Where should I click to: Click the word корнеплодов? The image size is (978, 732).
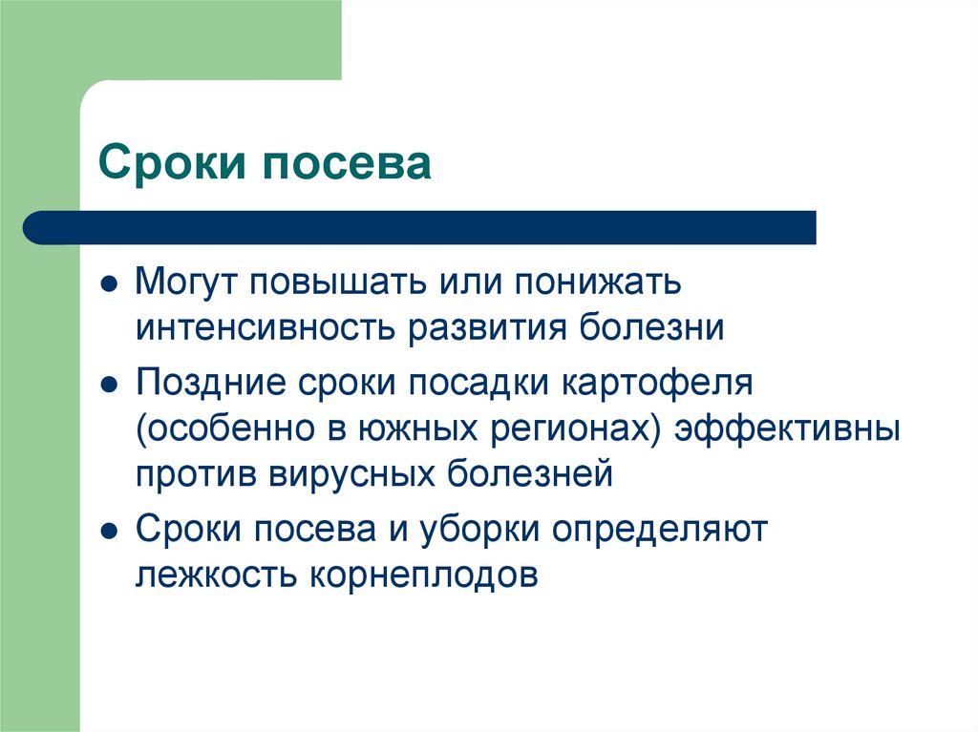coord(421,575)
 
